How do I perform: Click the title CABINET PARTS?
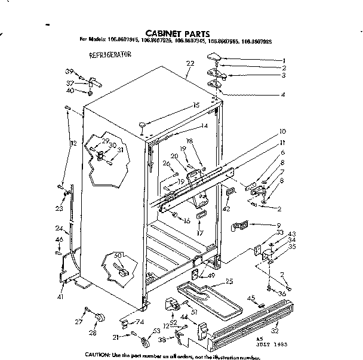177,33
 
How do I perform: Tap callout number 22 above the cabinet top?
190,63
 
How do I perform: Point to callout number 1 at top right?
284,60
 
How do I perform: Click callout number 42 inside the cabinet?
226,209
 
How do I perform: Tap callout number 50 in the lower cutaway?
118,256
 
